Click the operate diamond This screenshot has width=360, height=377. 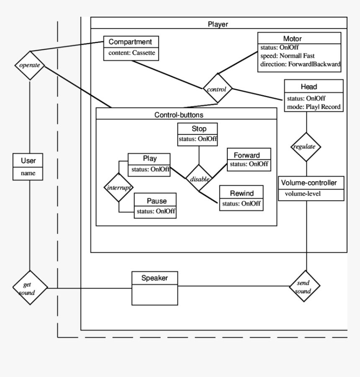30,66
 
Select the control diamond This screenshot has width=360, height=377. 217,89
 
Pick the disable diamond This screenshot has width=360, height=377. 199,179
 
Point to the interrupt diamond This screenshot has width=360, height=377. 118,187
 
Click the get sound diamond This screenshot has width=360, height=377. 30,288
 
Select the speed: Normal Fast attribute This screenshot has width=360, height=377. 287,56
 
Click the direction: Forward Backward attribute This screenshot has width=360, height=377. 300,64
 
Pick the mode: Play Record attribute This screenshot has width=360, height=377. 313,107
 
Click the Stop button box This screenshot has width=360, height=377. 198,134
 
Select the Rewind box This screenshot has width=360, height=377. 241,198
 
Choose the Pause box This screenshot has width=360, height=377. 155,205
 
